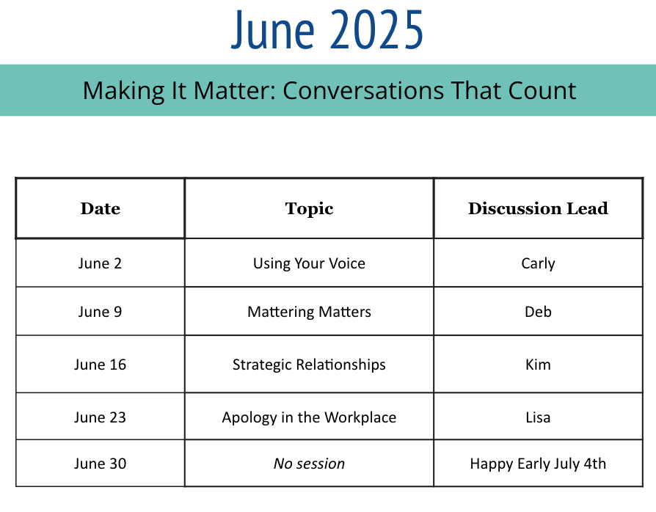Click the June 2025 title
coord(327,30)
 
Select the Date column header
coord(101,208)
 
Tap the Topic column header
coord(309,209)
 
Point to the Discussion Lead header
coord(538,208)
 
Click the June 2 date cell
coord(100,263)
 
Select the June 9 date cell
coord(100,312)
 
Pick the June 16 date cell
coord(100,365)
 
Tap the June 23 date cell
coord(100,417)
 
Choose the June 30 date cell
coord(100,464)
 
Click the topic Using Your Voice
coord(309,263)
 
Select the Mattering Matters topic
coord(309,312)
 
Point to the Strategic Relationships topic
coord(309,365)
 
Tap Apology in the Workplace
coord(309,417)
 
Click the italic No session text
coord(309,464)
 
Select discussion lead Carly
coord(538,264)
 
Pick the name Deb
coord(538,312)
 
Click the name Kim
coord(538,365)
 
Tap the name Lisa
coord(538,417)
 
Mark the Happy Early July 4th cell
coord(538,464)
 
